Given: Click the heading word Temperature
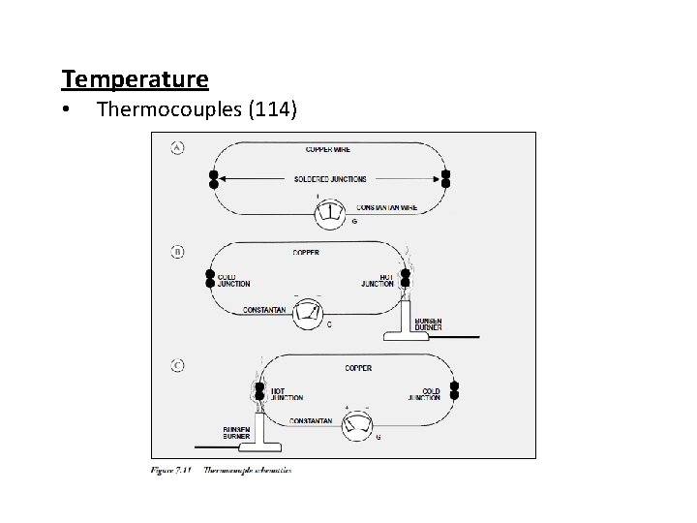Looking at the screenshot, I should [x=135, y=77].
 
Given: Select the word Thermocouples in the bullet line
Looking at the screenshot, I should [x=170, y=112].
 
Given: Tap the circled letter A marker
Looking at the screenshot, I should [x=178, y=148].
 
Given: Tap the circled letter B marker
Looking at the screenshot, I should [x=178, y=252].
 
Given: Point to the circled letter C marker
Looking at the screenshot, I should [x=178, y=365].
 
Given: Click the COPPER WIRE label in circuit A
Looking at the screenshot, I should [x=328, y=150].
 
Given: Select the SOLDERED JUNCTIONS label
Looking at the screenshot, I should [x=329, y=179].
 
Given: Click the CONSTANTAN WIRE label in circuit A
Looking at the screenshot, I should [x=387, y=207].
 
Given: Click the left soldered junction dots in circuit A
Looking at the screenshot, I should [x=213, y=179].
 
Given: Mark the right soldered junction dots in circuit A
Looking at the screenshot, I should [x=445, y=179].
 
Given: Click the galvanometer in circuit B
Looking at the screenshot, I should [x=310, y=311].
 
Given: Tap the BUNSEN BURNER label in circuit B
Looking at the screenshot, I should [x=428, y=324].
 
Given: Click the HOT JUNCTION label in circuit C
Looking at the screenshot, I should [x=287, y=394].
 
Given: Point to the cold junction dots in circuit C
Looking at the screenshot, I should [x=454, y=390].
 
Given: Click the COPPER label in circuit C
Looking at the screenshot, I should [x=359, y=369].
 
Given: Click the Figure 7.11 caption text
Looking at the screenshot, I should [x=222, y=471].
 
